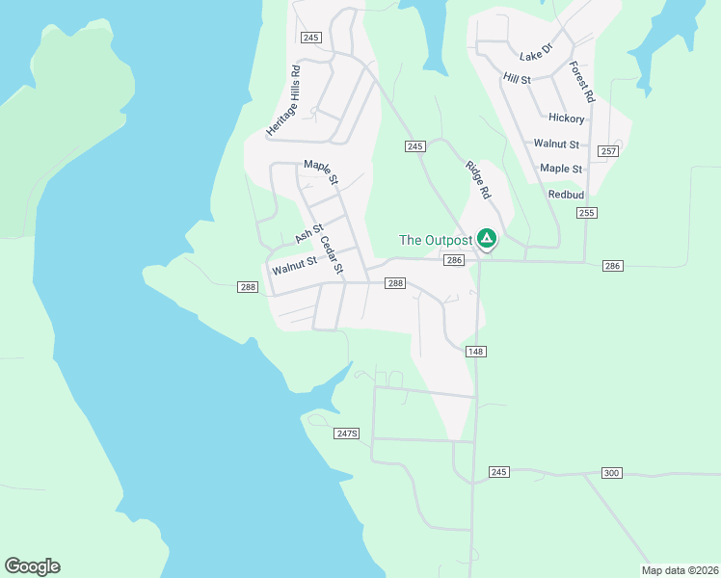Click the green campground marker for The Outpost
pos(488,238)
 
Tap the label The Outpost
pos(436,240)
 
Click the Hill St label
pos(517,79)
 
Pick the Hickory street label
pos(566,118)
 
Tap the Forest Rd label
pos(581,83)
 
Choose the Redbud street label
pos(566,194)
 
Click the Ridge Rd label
pos(478,180)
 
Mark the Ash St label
pos(308,234)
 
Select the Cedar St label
pos(332,255)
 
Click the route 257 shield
pos(607,151)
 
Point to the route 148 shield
pos(475,352)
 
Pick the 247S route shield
pos(347,433)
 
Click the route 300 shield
pos(612,473)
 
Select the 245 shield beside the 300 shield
pos(498,471)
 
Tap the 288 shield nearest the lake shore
pos(248,286)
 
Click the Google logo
pos(32,566)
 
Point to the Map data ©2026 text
pos(680,570)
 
